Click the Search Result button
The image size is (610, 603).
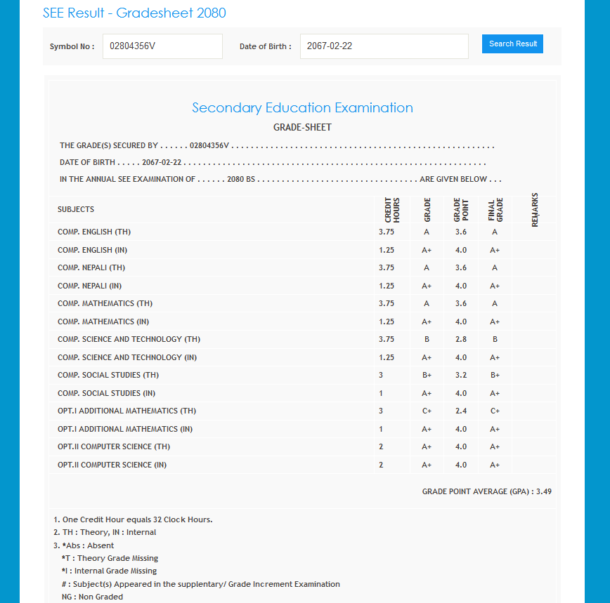[x=512, y=44]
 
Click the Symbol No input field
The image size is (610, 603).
[x=162, y=46]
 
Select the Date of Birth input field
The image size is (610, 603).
[x=384, y=46]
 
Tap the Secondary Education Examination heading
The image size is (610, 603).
[x=302, y=107]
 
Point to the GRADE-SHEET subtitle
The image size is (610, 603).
[x=302, y=127]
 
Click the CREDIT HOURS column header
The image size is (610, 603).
[x=392, y=209]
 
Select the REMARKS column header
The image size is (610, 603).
[x=535, y=209]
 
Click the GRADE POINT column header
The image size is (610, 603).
[x=460, y=209]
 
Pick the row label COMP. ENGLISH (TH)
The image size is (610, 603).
[x=94, y=232]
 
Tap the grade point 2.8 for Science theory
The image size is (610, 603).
[x=460, y=340]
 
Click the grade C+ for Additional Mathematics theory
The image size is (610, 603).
[x=427, y=411]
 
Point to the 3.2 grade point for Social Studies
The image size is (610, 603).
[x=460, y=376]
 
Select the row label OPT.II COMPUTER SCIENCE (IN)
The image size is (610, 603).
[x=112, y=465]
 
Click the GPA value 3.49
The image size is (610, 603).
[x=544, y=491]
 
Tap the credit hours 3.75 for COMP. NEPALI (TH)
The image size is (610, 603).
[x=387, y=268]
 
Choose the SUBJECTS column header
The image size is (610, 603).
[x=76, y=209]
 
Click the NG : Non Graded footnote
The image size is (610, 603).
[x=92, y=597]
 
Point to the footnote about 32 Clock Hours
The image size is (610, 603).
[x=133, y=519]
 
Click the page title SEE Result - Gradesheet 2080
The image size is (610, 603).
[x=134, y=13]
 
